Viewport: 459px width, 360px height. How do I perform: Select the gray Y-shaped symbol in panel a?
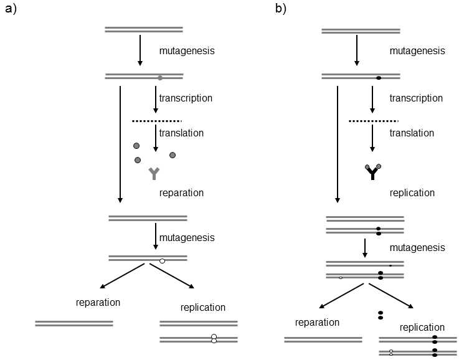coord(154,174)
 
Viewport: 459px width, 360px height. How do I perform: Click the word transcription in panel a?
coord(186,98)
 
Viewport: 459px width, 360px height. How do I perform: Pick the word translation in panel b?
coord(412,133)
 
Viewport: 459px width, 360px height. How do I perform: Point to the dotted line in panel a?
coord(157,121)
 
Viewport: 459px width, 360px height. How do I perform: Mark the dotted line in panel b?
coord(374,121)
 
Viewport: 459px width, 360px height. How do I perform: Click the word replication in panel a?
coord(203,307)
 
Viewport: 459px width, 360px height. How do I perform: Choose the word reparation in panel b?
coord(317,322)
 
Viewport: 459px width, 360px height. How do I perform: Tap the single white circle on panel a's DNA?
coord(162,261)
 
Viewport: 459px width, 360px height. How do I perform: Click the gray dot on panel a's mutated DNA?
coord(160,78)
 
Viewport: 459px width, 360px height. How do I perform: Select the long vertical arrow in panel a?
coord(120,144)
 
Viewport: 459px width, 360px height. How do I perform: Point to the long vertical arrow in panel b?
coord(337,144)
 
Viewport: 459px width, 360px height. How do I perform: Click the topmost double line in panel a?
coord(144,29)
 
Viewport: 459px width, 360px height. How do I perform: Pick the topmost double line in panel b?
coord(361,29)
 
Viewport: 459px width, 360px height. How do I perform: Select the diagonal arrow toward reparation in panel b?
coord(340,296)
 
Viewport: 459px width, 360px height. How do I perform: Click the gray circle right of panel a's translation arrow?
coord(173,155)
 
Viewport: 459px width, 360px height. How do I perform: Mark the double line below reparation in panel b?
coord(323,339)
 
